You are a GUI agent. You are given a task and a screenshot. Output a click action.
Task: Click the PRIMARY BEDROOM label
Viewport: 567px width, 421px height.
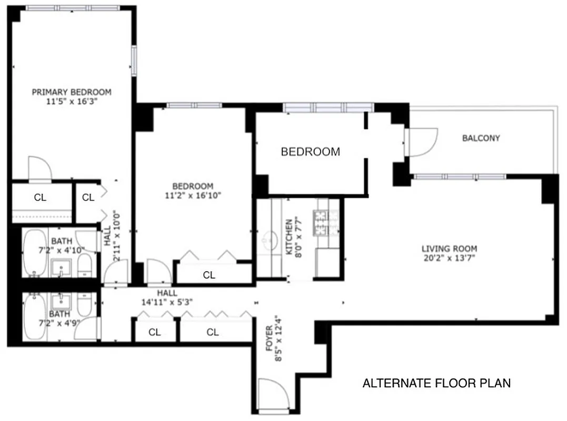(72, 92)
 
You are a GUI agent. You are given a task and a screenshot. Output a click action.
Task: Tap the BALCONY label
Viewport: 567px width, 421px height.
(481, 138)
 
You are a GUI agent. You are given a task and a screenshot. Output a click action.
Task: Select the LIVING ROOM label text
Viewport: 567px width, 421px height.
(449, 249)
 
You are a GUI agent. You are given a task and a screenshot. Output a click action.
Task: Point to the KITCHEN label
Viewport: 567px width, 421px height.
(289, 237)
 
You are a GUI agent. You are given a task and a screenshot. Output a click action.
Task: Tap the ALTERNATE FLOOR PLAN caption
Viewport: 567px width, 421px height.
(436, 383)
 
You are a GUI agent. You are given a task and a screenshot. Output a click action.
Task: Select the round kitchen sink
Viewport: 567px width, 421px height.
(271, 240)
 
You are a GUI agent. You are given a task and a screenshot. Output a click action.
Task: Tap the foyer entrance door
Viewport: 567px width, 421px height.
(274, 395)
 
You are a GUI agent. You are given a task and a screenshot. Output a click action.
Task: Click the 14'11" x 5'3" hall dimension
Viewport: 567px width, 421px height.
(166, 302)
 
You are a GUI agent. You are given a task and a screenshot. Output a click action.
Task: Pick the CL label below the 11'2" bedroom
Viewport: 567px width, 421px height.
(209, 275)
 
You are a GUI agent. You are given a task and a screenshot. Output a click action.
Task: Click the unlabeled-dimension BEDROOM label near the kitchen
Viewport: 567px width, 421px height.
(310, 152)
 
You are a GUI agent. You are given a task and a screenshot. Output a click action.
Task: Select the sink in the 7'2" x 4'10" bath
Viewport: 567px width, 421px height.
(62, 269)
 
